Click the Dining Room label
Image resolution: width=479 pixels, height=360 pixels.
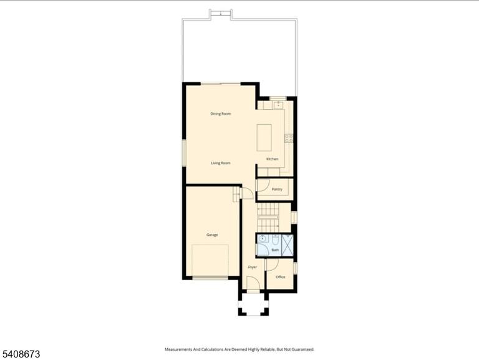(x=221, y=114)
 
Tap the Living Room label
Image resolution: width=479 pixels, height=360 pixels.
(x=221, y=163)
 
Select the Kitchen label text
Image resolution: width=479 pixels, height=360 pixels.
(x=272, y=159)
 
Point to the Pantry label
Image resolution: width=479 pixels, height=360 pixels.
(x=277, y=190)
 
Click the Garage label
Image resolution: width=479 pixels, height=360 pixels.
(x=212, y=235)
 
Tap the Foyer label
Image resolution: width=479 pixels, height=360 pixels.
(x=253, y=267)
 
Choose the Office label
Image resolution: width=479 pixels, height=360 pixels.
(x=281, y=277)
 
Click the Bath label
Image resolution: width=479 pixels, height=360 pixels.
(x=275, y=250)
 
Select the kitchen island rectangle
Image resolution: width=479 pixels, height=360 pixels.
(x=264, y=137)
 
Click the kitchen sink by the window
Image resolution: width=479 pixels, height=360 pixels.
(x=278, y=105)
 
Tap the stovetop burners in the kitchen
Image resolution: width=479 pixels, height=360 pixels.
(x=289, y=138)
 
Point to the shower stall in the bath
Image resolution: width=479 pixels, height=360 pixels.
(x=288, y=245)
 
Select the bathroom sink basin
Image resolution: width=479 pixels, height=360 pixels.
(x=263, y=238)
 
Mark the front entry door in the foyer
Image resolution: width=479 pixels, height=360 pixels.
(x=253, y=283)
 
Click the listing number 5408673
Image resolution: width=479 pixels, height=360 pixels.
(x=21, y=354)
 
